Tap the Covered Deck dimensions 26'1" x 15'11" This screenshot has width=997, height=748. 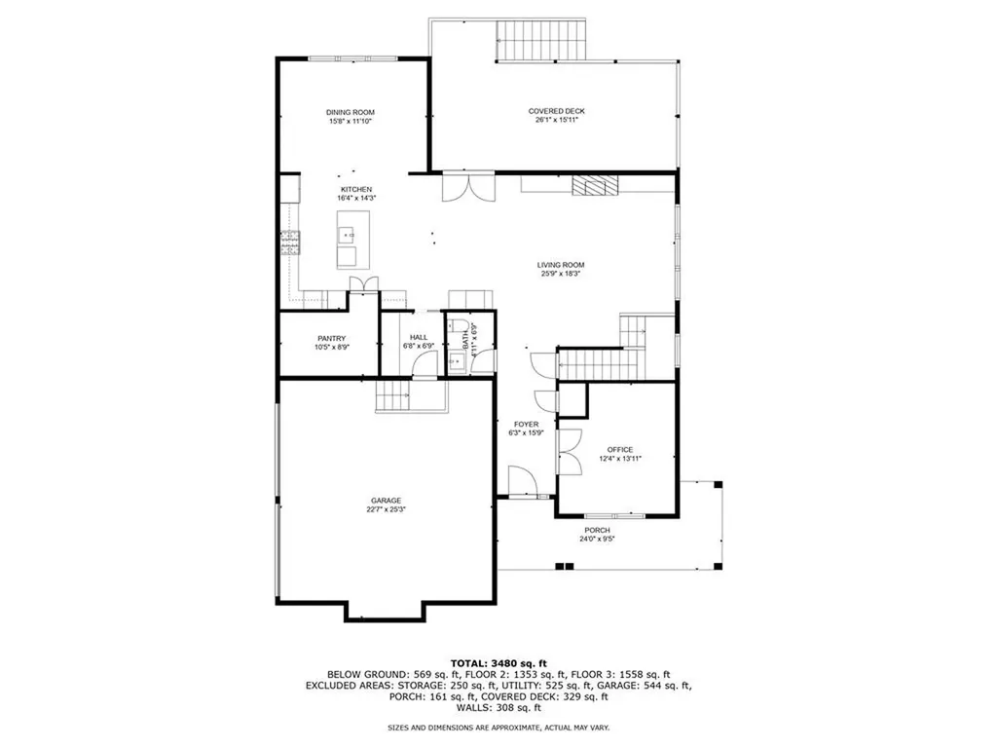click(x=556, y=121)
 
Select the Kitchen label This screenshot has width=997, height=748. click(x=355, y=189)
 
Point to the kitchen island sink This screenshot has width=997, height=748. click(x=346, y=235)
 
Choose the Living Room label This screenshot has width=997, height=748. click(x=561, y=265)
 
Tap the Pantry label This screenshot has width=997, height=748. click(x=330, y=339)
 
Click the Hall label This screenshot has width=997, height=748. click(x=419, y=337)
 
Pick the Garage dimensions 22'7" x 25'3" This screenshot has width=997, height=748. click(x=384, y=509)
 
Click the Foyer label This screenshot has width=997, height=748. click(x=526, y=425)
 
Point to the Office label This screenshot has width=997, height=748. click(x=619, y=450)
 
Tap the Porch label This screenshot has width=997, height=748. click(x=598, y=530)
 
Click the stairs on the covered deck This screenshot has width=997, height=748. click(x=542, y=40)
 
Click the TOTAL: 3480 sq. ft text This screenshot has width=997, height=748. click(x=498, y=661)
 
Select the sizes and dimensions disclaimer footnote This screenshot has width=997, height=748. click(x=498, y=728)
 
